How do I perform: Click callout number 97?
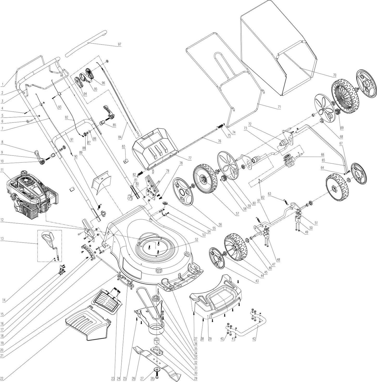[x=120, y=44]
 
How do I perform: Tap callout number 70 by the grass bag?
[x=335, y=75]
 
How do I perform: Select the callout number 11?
[x=2, y=170]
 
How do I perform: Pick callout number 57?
[x=237, y=214]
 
